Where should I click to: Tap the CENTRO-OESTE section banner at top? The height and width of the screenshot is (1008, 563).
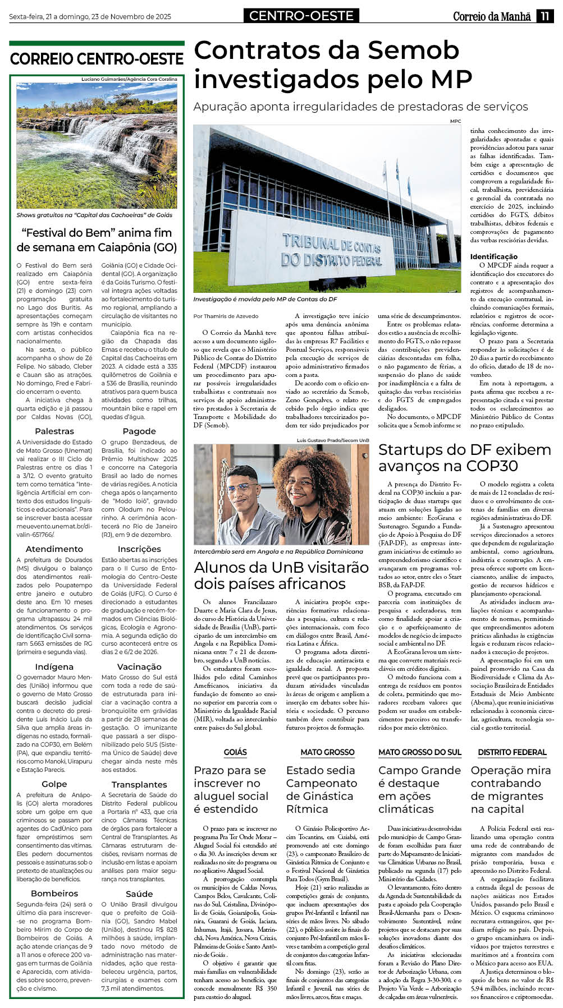301,16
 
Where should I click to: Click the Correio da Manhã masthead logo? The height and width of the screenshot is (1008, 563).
492,16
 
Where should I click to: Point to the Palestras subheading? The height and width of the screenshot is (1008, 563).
54,431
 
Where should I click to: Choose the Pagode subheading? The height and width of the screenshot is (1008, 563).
139,431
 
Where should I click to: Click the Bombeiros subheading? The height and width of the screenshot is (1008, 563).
54,893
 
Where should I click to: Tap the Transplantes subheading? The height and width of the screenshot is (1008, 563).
139,784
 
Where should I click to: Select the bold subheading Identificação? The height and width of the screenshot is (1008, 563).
494,256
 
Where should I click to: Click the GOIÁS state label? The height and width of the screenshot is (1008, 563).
235,752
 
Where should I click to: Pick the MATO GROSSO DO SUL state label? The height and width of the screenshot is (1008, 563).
419,752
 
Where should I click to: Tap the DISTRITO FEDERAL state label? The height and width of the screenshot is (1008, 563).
512,752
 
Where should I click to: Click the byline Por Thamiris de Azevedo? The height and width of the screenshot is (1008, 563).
226,316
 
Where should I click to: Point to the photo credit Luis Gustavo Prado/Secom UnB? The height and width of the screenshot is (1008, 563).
333,440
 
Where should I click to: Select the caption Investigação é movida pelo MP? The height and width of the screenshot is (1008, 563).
265,299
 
